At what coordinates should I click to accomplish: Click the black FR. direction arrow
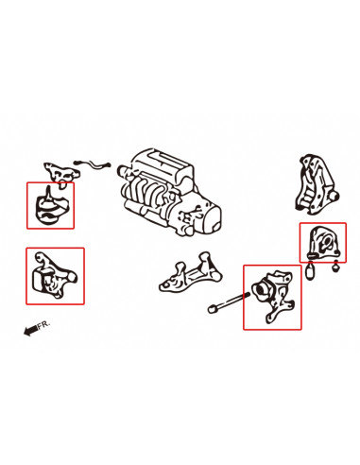(31, 330)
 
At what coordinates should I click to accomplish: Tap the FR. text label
(43, 325)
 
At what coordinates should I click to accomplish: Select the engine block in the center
(169, 192)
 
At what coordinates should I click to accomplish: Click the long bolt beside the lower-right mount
(229, 301)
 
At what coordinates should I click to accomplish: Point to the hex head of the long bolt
(212, 309)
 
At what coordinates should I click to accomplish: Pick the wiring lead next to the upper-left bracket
(92, 164)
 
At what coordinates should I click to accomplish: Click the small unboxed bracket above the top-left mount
(61, 174)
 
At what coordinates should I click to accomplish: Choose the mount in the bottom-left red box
(54, 275)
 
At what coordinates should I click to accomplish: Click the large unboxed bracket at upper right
(316, 184)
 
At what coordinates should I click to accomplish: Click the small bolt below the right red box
(336, 267)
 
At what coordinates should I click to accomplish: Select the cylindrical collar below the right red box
(310, 270)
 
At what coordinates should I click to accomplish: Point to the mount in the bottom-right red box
(273, 296)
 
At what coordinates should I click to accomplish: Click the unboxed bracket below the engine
(191, 272)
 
